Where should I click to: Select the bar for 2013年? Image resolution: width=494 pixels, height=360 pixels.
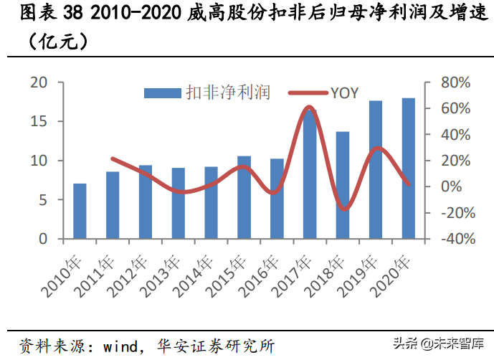[x=178, y=203]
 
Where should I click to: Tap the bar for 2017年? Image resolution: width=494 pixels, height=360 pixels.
[x=310, y=174]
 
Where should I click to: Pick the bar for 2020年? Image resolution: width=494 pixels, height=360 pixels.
[x=408, y=169]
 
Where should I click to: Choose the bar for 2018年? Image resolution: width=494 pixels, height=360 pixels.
[x=343, y=185]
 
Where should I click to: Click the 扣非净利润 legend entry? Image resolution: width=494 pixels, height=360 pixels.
[x=207, y=93]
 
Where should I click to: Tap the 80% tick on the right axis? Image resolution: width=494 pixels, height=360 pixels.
[x=453, y=83]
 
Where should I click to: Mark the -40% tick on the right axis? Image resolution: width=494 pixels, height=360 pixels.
[x=451, y=239]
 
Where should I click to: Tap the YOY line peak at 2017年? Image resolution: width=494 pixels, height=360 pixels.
[x=309, y=107]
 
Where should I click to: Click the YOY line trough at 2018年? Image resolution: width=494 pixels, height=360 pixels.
[x=344, y=209]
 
